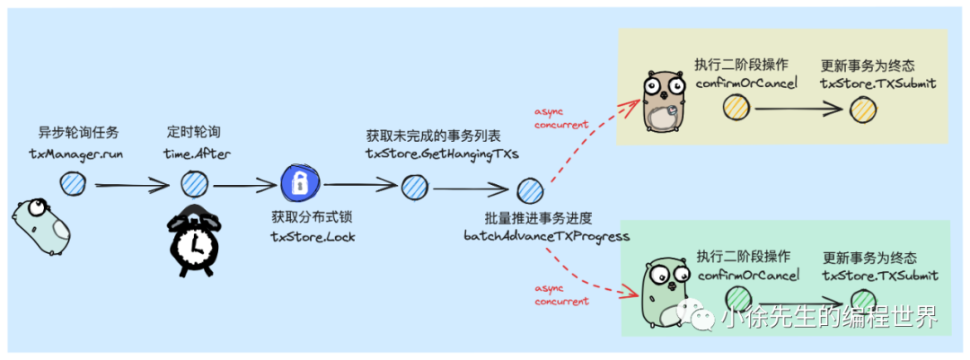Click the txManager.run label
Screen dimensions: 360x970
coord(75,154)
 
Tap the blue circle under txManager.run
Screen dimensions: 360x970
coord(72,185)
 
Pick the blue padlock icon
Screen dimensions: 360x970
coord(300,185)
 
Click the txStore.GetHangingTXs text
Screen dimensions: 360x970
coord(441,154)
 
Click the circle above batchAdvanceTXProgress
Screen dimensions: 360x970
coord(530,190)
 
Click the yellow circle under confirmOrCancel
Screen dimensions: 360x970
coord(736,109)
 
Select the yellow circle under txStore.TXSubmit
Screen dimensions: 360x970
coord(862,109)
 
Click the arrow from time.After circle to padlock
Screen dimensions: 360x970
coord(244,186)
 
